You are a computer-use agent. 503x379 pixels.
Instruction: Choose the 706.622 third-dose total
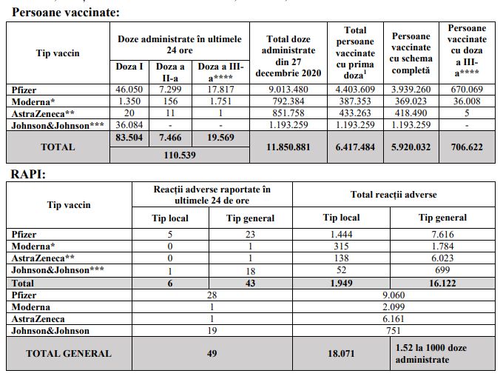coord(466,147)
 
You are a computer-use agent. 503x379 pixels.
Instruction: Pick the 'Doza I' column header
coord(130,67)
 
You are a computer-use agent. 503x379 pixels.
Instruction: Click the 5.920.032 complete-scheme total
coord(411,147)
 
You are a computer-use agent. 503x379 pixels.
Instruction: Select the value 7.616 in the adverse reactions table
coord(442,234)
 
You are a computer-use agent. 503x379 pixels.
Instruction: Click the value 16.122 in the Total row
coord(442,283)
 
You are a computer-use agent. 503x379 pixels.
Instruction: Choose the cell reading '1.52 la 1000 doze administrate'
coord(442,353)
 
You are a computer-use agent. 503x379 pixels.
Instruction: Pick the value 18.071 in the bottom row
coord(341,353)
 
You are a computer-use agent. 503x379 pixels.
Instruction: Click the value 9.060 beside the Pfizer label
coord(394,295)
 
